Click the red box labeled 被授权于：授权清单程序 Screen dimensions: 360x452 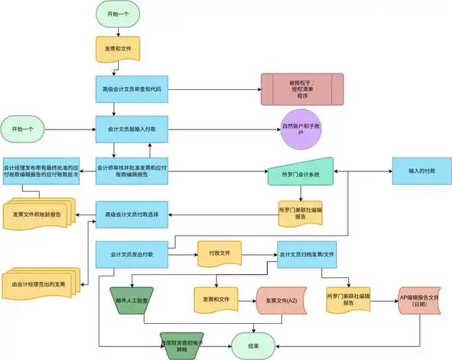point(302,89)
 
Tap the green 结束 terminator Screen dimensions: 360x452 point(253,346)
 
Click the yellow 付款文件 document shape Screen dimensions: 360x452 point(219,254)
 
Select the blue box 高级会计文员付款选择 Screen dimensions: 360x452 point(132,214)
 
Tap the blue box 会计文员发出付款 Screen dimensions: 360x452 point(132,254)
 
